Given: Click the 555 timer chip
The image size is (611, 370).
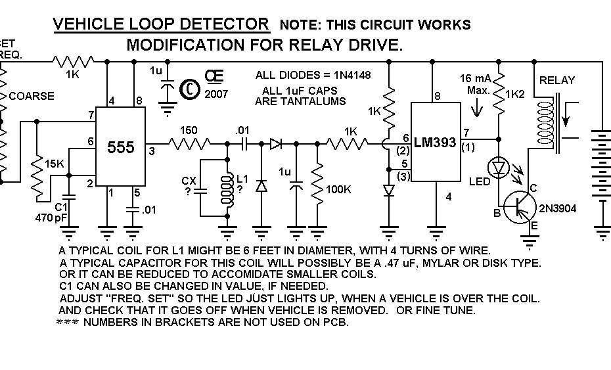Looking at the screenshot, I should click(x=121, y=148).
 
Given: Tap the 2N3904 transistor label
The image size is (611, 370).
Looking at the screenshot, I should click(x=558, y=208).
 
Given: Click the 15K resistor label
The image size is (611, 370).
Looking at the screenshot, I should click(x=55, y=163).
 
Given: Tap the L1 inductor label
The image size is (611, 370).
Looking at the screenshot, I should click(x=242, y=179).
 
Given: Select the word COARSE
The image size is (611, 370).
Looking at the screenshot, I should click(x=32, y=96).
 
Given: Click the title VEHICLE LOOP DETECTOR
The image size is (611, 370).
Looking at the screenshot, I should click(x=161, y=24).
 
